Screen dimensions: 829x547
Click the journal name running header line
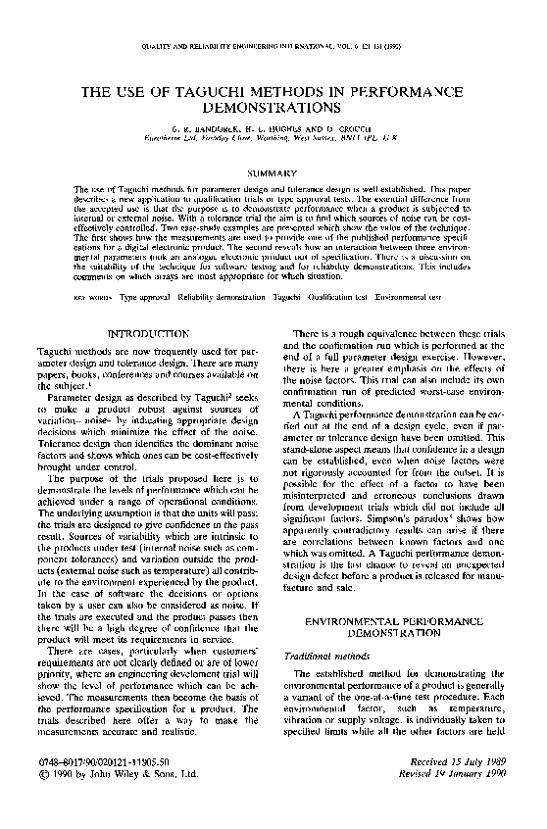273,47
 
